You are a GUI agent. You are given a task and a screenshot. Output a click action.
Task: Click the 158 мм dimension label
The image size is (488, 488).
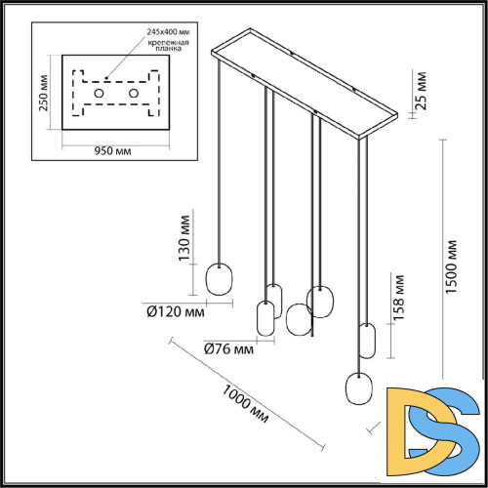point(398,296)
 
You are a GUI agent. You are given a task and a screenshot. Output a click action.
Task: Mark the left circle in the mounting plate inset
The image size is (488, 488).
point(98,92)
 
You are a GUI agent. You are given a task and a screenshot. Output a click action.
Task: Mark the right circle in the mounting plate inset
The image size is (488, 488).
point(134,92)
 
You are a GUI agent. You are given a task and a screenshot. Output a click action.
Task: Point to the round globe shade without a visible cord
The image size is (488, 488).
point(299,318)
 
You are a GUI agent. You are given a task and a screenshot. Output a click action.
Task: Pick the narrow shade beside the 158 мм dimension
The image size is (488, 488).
point(368,340)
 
